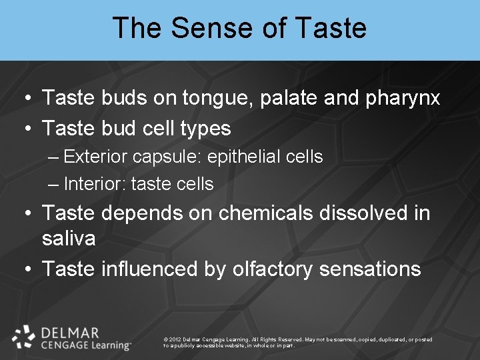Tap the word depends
(140, 213)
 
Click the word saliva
(69, 239)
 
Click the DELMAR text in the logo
(69, 333)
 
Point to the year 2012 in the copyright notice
(175, 340)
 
